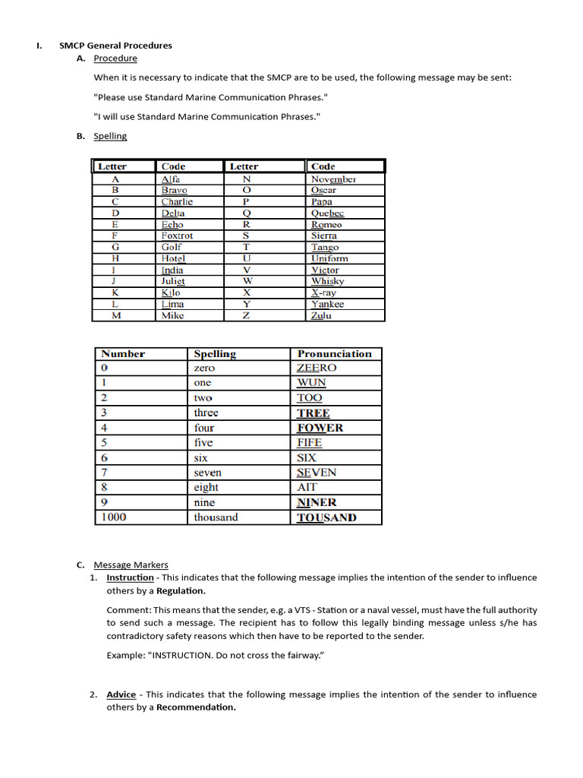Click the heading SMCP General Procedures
pyautogui.click(x=115, y=46)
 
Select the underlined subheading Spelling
pyautogui.click(x=110, y=136)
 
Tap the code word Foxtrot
pyautogui.click(x=177, y=236)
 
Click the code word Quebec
pyautogui.click(x=327, y=213)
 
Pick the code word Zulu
pyautogui.click(x=321, y=315)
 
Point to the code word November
pyautogui.click(x=333, y=179)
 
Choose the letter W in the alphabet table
pyautogui.click(x=246, y=281)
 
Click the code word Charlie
pyautogui.click(x=177, y=202)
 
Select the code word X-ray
pyautogui.click(x=323, y=293)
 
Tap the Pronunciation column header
pyautogui.click(x=334, y=354)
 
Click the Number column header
pyautogui.click(x=123, y=354)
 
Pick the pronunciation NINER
pyautogui.click(x=317, y=502)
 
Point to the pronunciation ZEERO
pyautogui.click(x=317, y=368)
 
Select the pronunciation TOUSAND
pyautogui.click(x=326, y=517)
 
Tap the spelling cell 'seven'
pyautogui.click(x=207, y=473)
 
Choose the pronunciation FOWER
pyautogui.click(x=320, y=428)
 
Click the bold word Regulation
pyautogui.click(x=181, y=590)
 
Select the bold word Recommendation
pyautogui.click(x=196, y=707)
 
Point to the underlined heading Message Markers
pyautogui.click(x=131, y=565)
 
